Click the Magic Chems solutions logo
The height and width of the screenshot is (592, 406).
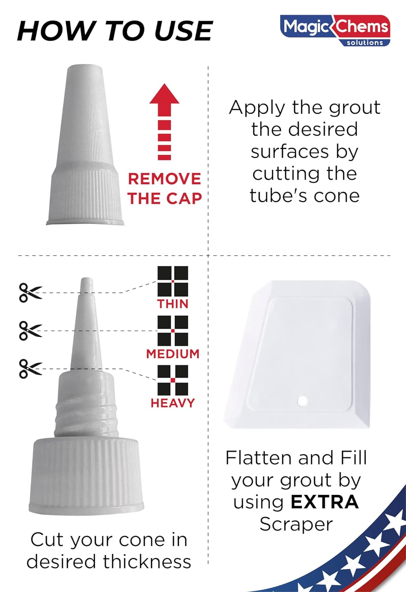[335, 30]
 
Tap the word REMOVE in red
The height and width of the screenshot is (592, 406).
[164, 179]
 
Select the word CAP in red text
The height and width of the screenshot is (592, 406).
[184, 198]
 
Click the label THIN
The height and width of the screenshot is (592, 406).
[173, 304]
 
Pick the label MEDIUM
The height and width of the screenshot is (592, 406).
[173, 354]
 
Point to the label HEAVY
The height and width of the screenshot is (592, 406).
[173, 403]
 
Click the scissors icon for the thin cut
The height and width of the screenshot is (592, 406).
[30, 292]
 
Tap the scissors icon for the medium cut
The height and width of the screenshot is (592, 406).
[30, 331]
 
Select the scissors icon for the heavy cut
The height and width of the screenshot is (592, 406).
[30, 369]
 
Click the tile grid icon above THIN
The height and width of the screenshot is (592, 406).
[173, 281]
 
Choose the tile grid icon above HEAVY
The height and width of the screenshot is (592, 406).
[173, 380]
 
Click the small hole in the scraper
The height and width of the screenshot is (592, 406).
[303, 401]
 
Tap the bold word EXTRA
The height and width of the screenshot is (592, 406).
[325, 502]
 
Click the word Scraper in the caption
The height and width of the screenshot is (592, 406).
[296, 524]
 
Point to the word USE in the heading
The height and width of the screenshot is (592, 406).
[184, 31]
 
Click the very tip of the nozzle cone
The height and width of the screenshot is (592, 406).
[87, 280]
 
